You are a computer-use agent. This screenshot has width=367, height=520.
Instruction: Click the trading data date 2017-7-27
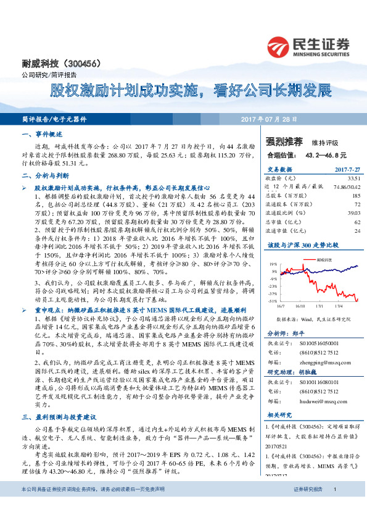(x=347, y=169)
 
